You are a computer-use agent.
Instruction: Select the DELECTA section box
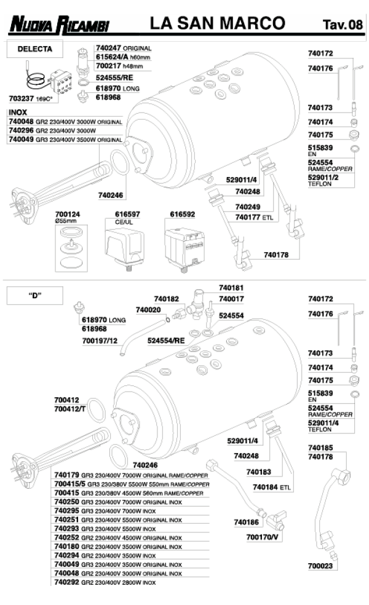pos(34,48)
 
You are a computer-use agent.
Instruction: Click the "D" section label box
pos(34,295)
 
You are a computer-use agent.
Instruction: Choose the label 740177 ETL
pos(253,216)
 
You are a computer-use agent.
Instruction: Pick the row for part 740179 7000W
pos(131,475)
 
